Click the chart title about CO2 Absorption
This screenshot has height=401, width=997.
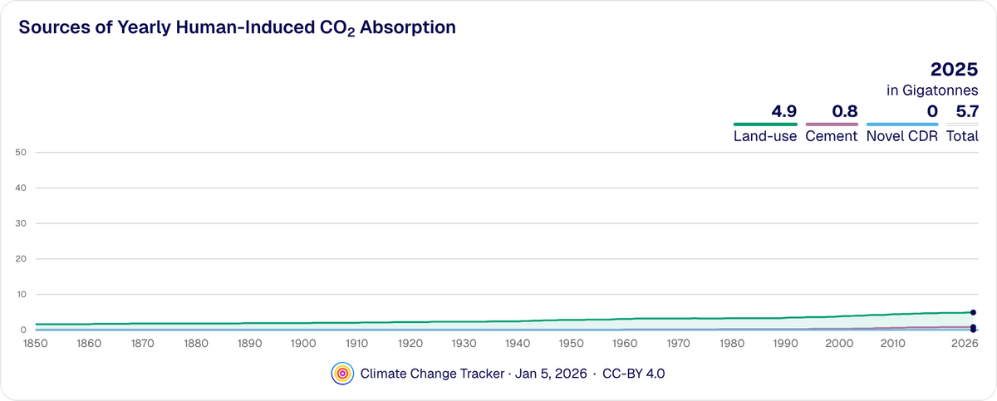click(x=237, y=27)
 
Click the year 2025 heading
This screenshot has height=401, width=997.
click(x=954, y=70)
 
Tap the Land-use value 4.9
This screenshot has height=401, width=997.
click(x=783, y=110)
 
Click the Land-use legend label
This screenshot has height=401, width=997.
click(x=765, y=136)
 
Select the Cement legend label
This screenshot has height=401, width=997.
click(x=831, y=136)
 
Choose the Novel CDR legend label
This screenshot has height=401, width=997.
click(x=901, y=136)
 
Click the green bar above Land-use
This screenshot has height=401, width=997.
click(x=765, y=124)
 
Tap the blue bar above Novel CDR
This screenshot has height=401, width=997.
click(x=901, y=124)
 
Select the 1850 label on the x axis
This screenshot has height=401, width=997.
click(x=34, y=343)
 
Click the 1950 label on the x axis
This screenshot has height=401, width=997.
click(x=571, y=343)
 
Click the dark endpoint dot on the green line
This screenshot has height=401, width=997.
click(x=973, y=312)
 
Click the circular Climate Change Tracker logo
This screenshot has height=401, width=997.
click(x=341, y=374)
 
